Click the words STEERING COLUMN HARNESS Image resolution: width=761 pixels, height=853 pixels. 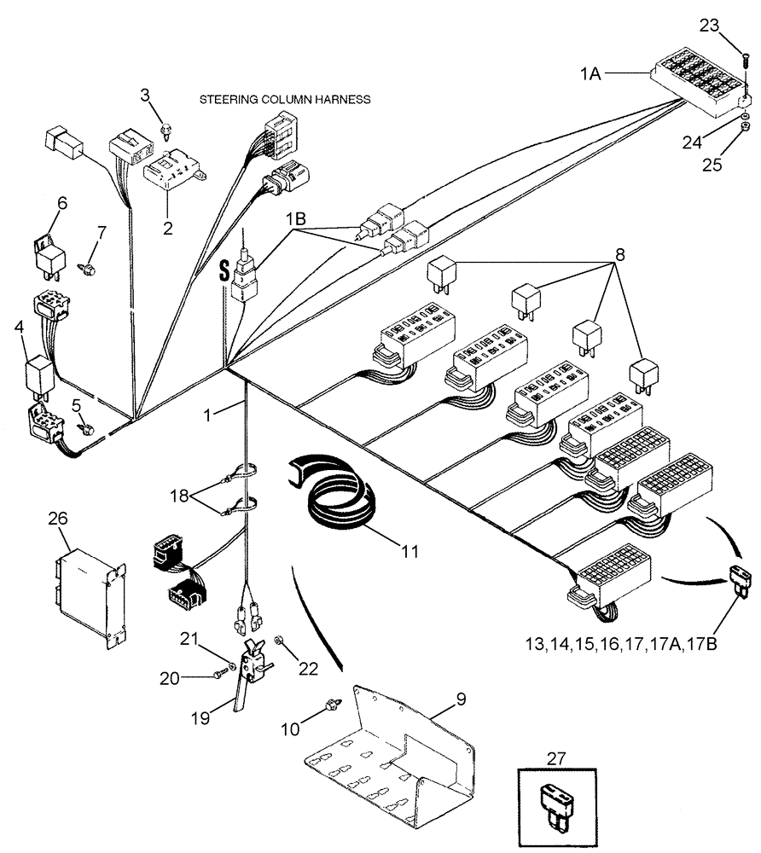click(x=284, y=100)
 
